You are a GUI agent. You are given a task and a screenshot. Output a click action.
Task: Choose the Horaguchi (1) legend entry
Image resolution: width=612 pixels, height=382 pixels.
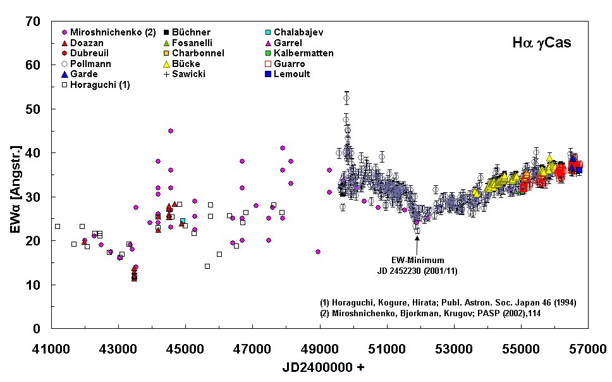tap(95, 85)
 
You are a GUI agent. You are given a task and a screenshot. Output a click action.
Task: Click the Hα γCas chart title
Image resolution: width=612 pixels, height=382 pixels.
tap(542, 44)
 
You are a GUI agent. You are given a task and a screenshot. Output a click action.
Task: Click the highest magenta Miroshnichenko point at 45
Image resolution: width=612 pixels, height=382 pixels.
tap(171, 131)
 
